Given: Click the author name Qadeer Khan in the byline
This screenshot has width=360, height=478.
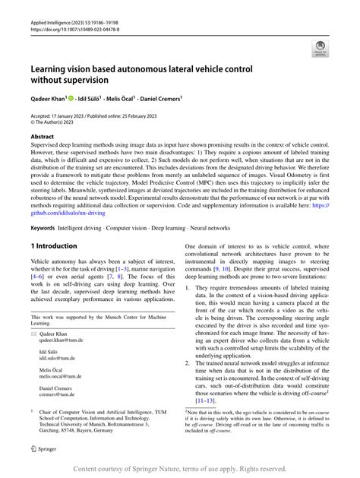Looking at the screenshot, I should click(x=52, y=98).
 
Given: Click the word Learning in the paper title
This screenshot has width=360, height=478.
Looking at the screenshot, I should click(x=53, y=68).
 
